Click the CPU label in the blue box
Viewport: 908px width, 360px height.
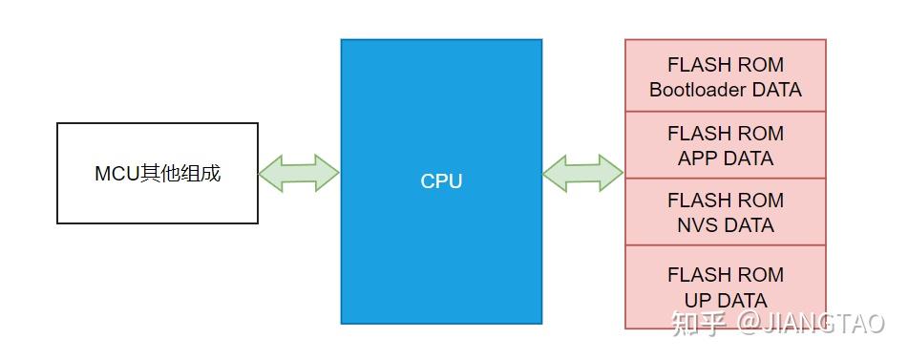coord(441,181)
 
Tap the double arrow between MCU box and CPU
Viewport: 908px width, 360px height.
coord(299,173)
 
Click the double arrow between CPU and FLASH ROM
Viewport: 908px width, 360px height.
coord(583,173)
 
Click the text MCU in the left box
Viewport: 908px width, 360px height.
coord(116,174)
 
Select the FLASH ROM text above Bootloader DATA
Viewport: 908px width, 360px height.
coord(726,65)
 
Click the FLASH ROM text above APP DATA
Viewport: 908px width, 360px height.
coord(726,133)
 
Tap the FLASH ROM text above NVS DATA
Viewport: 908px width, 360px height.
coord(726,201)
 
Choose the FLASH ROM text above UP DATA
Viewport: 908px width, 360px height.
coord(726,275)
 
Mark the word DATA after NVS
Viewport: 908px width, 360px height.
coord(750,225)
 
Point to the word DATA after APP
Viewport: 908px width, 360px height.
coord(749,159)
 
